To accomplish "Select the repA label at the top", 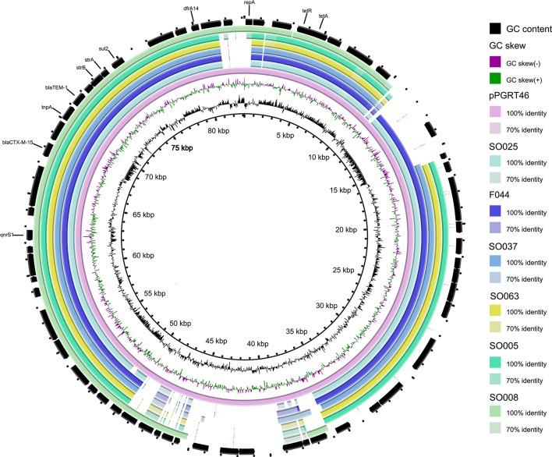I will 249,3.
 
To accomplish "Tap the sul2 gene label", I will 104,48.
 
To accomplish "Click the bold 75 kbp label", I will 186,148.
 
